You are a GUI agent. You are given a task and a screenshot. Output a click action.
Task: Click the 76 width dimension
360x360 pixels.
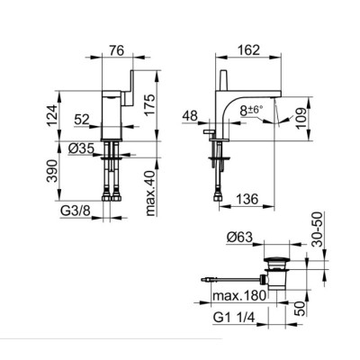pos(116,50)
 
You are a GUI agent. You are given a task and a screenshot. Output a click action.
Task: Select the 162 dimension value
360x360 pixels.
pos(248,49)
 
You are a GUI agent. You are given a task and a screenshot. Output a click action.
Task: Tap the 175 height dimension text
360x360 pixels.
pos(150,105)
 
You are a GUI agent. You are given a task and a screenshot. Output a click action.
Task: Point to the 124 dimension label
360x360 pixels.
pos(52,116)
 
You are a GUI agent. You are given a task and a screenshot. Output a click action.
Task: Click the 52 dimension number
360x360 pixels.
pos(82,120)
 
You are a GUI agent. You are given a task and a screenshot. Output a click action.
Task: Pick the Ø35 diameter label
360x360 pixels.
pos(81,148)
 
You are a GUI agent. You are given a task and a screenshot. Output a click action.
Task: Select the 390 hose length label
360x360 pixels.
pos(52,171)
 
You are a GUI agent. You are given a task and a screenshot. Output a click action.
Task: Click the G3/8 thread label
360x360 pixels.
pos(76,211)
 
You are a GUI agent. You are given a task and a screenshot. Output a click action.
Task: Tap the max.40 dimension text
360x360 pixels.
pos(150,193)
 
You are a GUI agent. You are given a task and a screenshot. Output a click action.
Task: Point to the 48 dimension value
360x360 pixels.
pos(190,115)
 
